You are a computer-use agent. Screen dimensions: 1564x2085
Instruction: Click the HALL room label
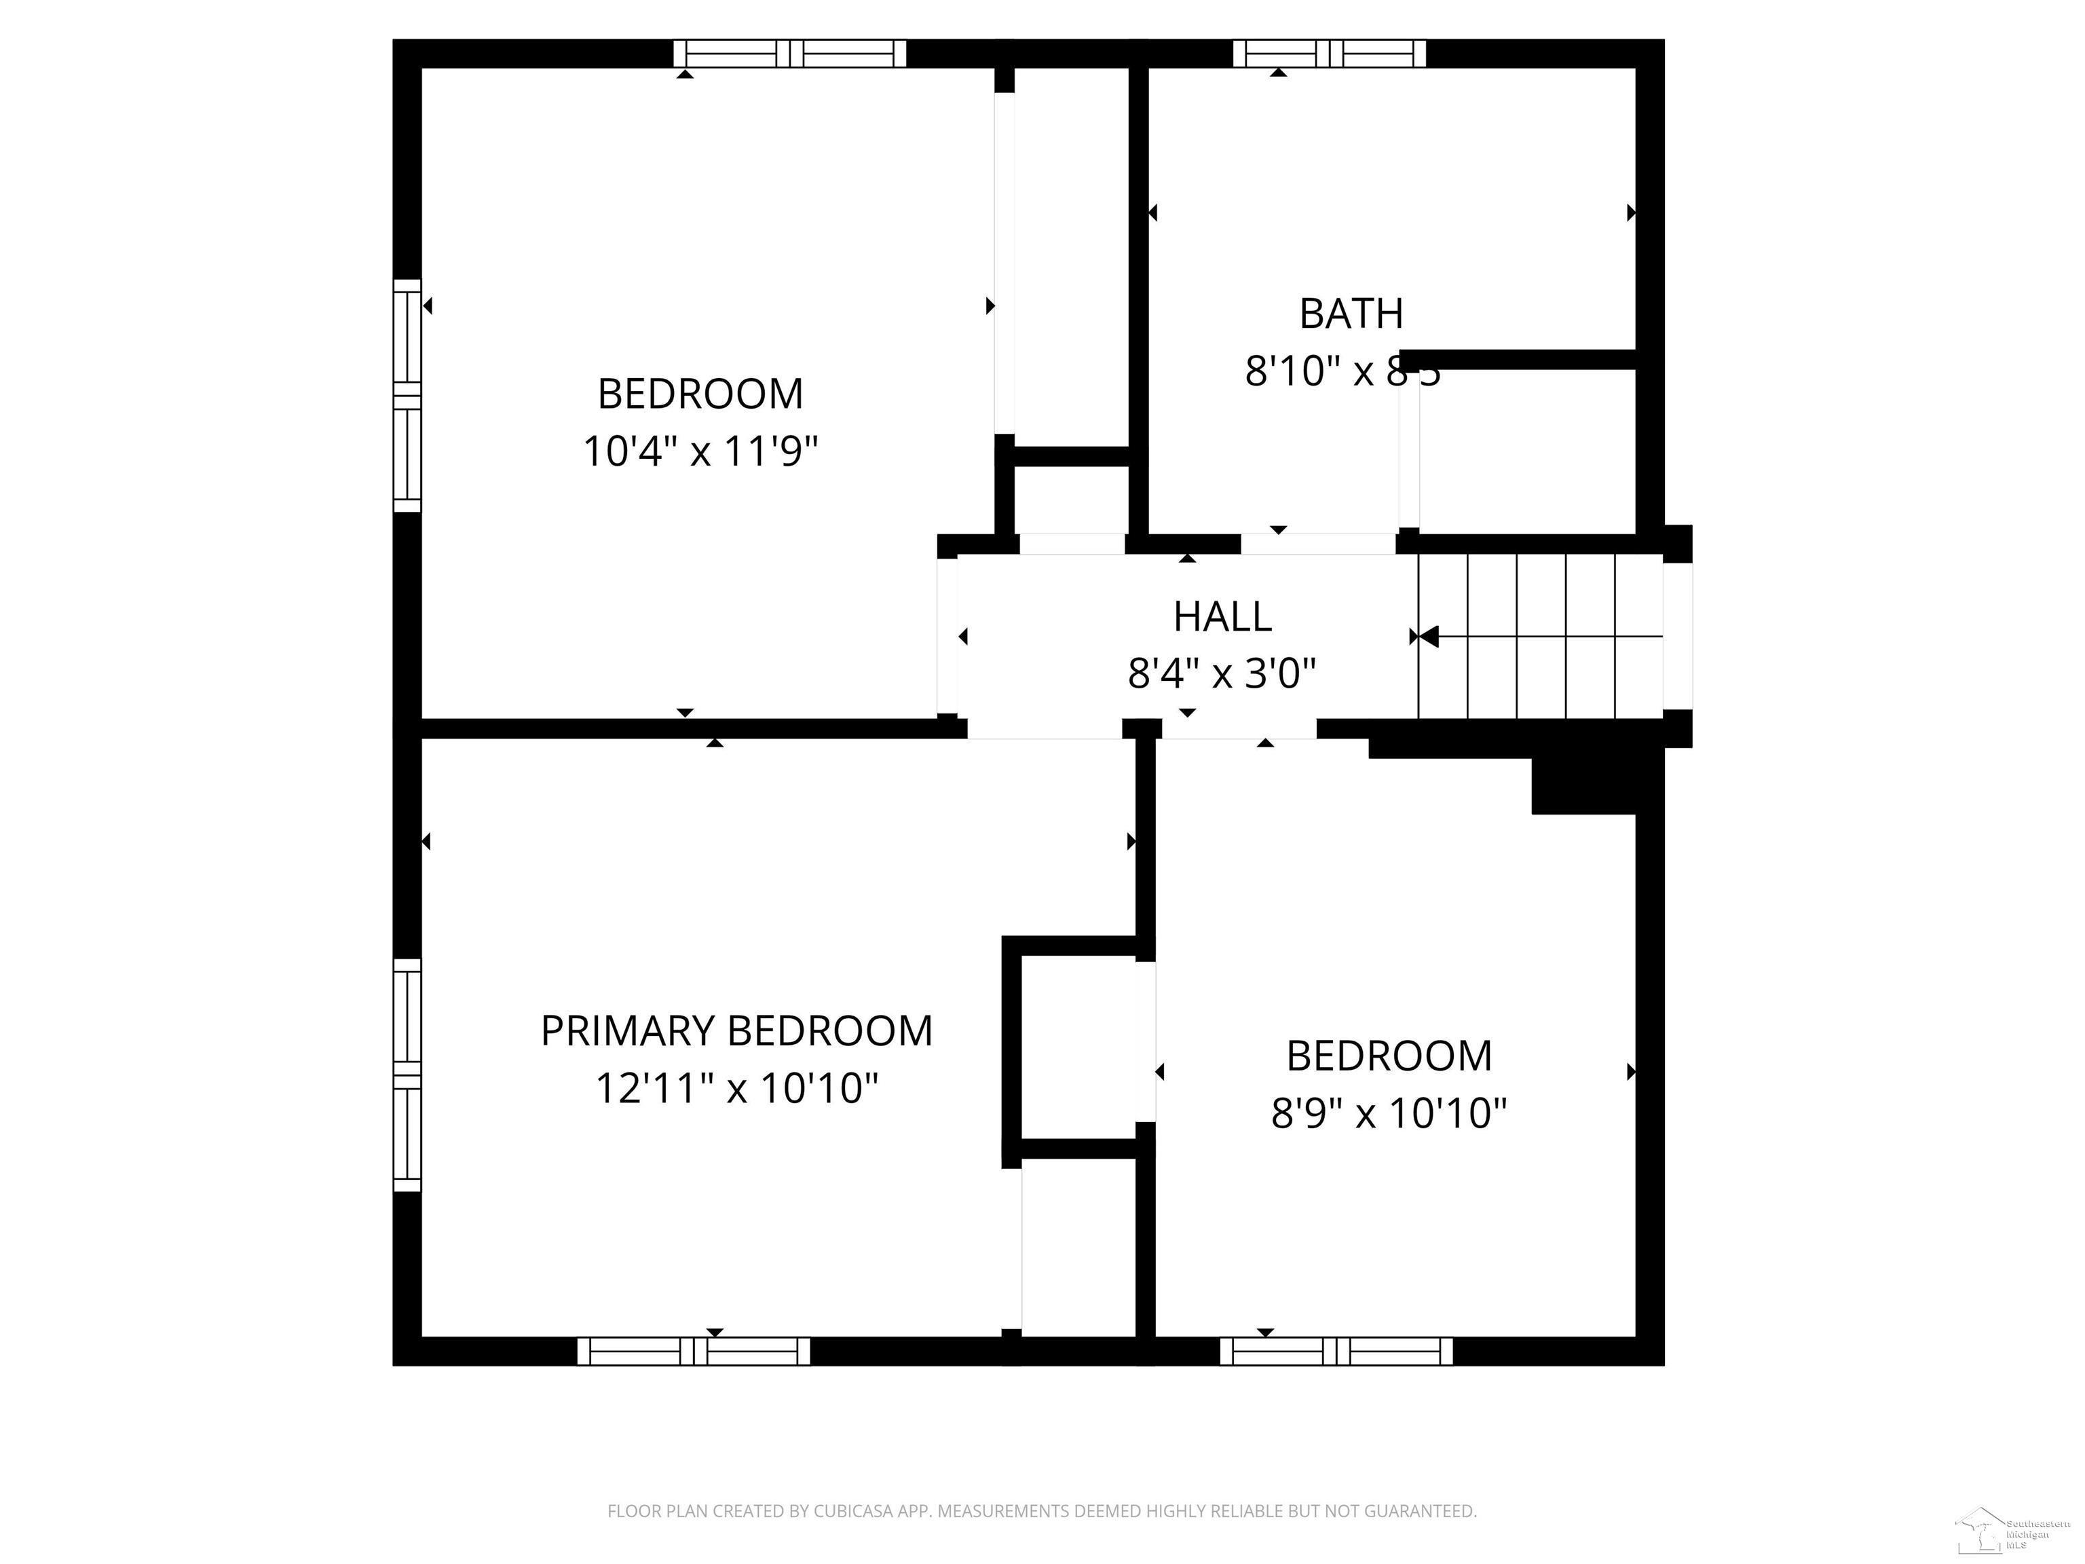1222,616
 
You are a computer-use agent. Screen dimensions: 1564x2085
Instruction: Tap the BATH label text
1351,314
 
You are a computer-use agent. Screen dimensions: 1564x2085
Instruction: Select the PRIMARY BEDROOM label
736,1030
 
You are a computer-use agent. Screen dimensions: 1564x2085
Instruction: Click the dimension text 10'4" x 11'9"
699,451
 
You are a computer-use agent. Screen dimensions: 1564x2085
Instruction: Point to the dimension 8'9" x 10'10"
1389,1113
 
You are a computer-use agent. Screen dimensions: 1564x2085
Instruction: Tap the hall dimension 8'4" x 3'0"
1222,674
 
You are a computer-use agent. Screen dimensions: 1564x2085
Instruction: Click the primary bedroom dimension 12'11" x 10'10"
736,1089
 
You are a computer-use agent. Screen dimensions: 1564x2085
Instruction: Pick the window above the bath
1329,54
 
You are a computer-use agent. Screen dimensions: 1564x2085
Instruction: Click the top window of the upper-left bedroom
790,54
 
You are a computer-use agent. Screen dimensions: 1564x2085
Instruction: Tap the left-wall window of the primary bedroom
407,1075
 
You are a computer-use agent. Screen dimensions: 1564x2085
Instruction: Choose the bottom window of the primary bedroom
693,1351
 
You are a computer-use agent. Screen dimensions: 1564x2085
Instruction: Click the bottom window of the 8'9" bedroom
1336,1351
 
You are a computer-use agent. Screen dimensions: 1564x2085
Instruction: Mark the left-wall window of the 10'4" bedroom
407,396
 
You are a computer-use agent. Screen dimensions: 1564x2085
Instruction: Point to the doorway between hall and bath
1318,544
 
